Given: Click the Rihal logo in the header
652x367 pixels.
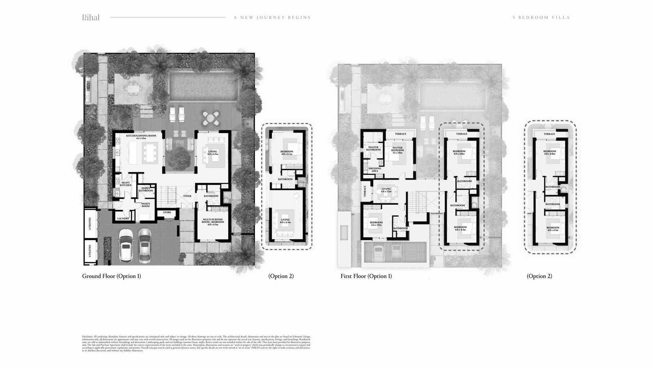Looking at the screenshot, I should click(91, 18).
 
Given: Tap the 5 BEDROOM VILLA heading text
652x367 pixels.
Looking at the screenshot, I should click(541, 18).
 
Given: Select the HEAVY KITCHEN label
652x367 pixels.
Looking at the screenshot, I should click(126, 184).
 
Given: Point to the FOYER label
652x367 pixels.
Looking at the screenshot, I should click(187, 196).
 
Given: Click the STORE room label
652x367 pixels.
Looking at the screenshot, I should click(167, 212).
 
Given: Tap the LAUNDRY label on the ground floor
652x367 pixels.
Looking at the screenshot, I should click(123, 219).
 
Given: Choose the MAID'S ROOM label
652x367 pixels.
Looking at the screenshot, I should click(146, 205).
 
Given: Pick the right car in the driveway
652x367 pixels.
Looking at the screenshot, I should click(145, 245).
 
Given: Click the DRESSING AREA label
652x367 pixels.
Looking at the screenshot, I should click(375, 170).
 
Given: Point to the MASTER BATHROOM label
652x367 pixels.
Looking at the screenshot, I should click(373, 148).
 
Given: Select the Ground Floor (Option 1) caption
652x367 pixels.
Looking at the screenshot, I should click(111, 276).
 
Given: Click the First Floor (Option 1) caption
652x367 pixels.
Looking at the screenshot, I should click(366, 276).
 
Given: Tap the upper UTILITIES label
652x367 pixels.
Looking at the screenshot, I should click(90, 223).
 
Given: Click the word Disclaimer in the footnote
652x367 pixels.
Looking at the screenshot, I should click(87, 336).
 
